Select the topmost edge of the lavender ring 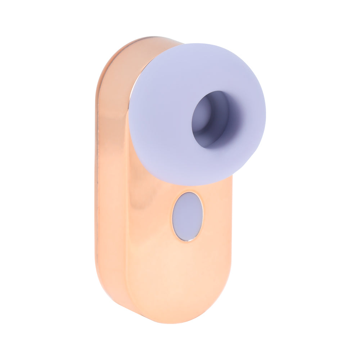tap(198, 44)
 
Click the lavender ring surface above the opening tap(202, 68)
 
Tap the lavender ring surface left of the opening tap(158, 119)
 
